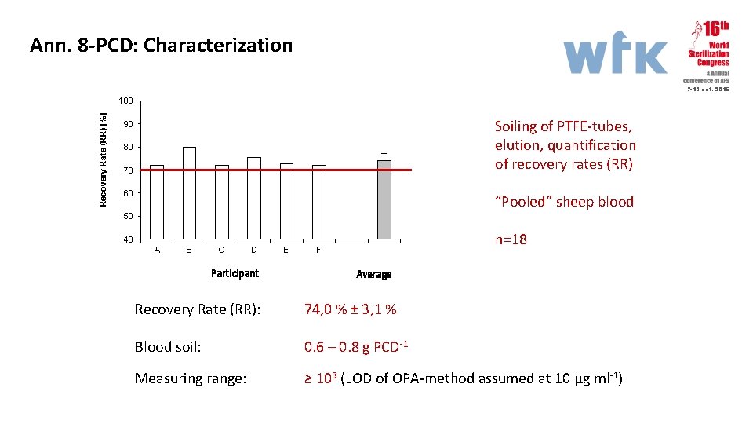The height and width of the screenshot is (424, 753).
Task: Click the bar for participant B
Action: click(189, 192)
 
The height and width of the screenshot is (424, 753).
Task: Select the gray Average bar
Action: click(384, 200)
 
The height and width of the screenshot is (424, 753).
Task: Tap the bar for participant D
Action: click(253, 198)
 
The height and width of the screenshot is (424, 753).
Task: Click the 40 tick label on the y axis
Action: click(128, 239)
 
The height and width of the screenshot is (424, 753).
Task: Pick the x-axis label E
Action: click(286, 250)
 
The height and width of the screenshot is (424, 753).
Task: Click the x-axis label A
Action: click(157, 250)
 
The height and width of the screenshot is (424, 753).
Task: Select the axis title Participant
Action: click(235, 273)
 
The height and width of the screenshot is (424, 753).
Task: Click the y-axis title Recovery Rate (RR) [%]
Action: click(103, 159)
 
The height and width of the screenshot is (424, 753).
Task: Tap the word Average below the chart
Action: click(373, 274)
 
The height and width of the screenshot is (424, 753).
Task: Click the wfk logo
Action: click(616, 57)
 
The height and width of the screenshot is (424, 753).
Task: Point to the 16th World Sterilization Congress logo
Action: click(708, 53)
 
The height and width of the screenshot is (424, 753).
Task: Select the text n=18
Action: click(511, 239)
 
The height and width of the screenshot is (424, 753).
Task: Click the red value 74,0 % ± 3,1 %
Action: click(350, 309)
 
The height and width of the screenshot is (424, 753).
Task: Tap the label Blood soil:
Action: click(168, 347)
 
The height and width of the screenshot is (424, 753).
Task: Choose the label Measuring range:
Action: click(191, 378)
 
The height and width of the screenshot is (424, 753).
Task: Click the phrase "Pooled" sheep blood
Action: click(564, 202)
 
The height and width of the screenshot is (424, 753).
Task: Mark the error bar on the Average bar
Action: click(384, 156)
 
